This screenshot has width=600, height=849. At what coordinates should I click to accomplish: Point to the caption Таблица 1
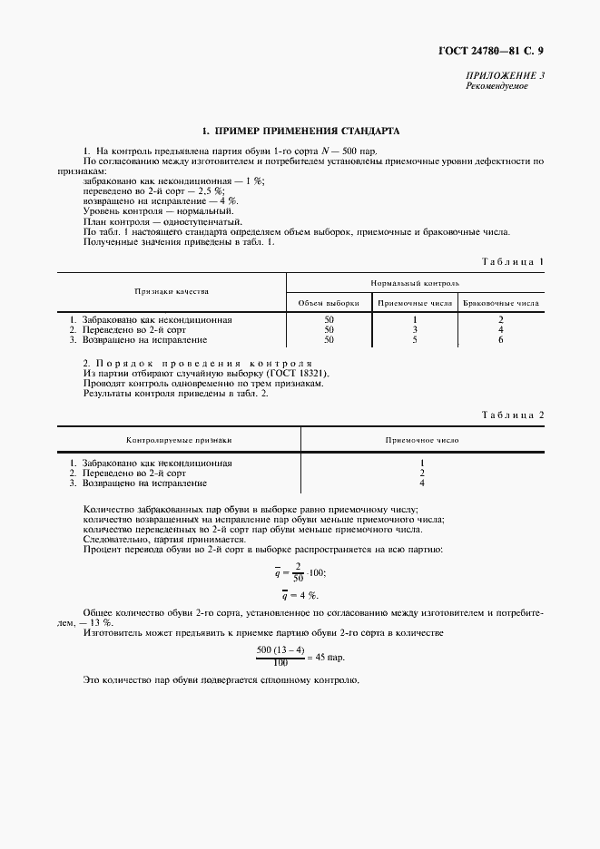[x=513, y=261]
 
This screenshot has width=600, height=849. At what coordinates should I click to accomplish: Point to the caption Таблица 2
[x=513, y=415]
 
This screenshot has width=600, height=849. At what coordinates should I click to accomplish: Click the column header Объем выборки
[x=329, y=303]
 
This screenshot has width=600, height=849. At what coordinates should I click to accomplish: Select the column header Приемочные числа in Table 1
[x=414, y=303]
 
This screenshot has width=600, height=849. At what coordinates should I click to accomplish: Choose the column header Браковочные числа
[x=500, y=303]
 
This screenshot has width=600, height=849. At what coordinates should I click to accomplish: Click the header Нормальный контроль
[x=415, y=282]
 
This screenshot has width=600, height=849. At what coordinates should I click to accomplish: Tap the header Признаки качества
[x=172, y=292]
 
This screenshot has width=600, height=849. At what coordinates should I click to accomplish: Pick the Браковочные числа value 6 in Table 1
[x=500, y=340]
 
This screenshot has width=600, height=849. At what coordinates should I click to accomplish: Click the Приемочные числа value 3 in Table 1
[x=414, y=330]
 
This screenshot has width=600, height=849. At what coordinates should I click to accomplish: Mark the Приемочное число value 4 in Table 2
[x=422, y=483]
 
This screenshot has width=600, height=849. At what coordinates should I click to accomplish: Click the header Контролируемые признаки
[x=179, y=439]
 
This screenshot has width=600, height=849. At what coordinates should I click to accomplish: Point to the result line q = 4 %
[x=298, y=595]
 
